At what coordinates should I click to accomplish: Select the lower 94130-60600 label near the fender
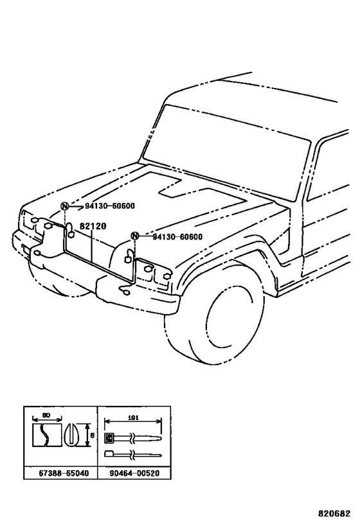[x=177, y=236]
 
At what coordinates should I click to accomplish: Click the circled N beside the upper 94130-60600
[x=64, y=206]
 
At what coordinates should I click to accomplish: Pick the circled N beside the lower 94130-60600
[x=134, y=236]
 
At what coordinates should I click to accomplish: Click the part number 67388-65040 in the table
[x=60, y=473]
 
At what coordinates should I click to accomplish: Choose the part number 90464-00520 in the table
[x=133, y=473]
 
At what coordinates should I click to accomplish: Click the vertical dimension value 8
[x=92, y=435]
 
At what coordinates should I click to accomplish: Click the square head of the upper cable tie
[x=109, y=439]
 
